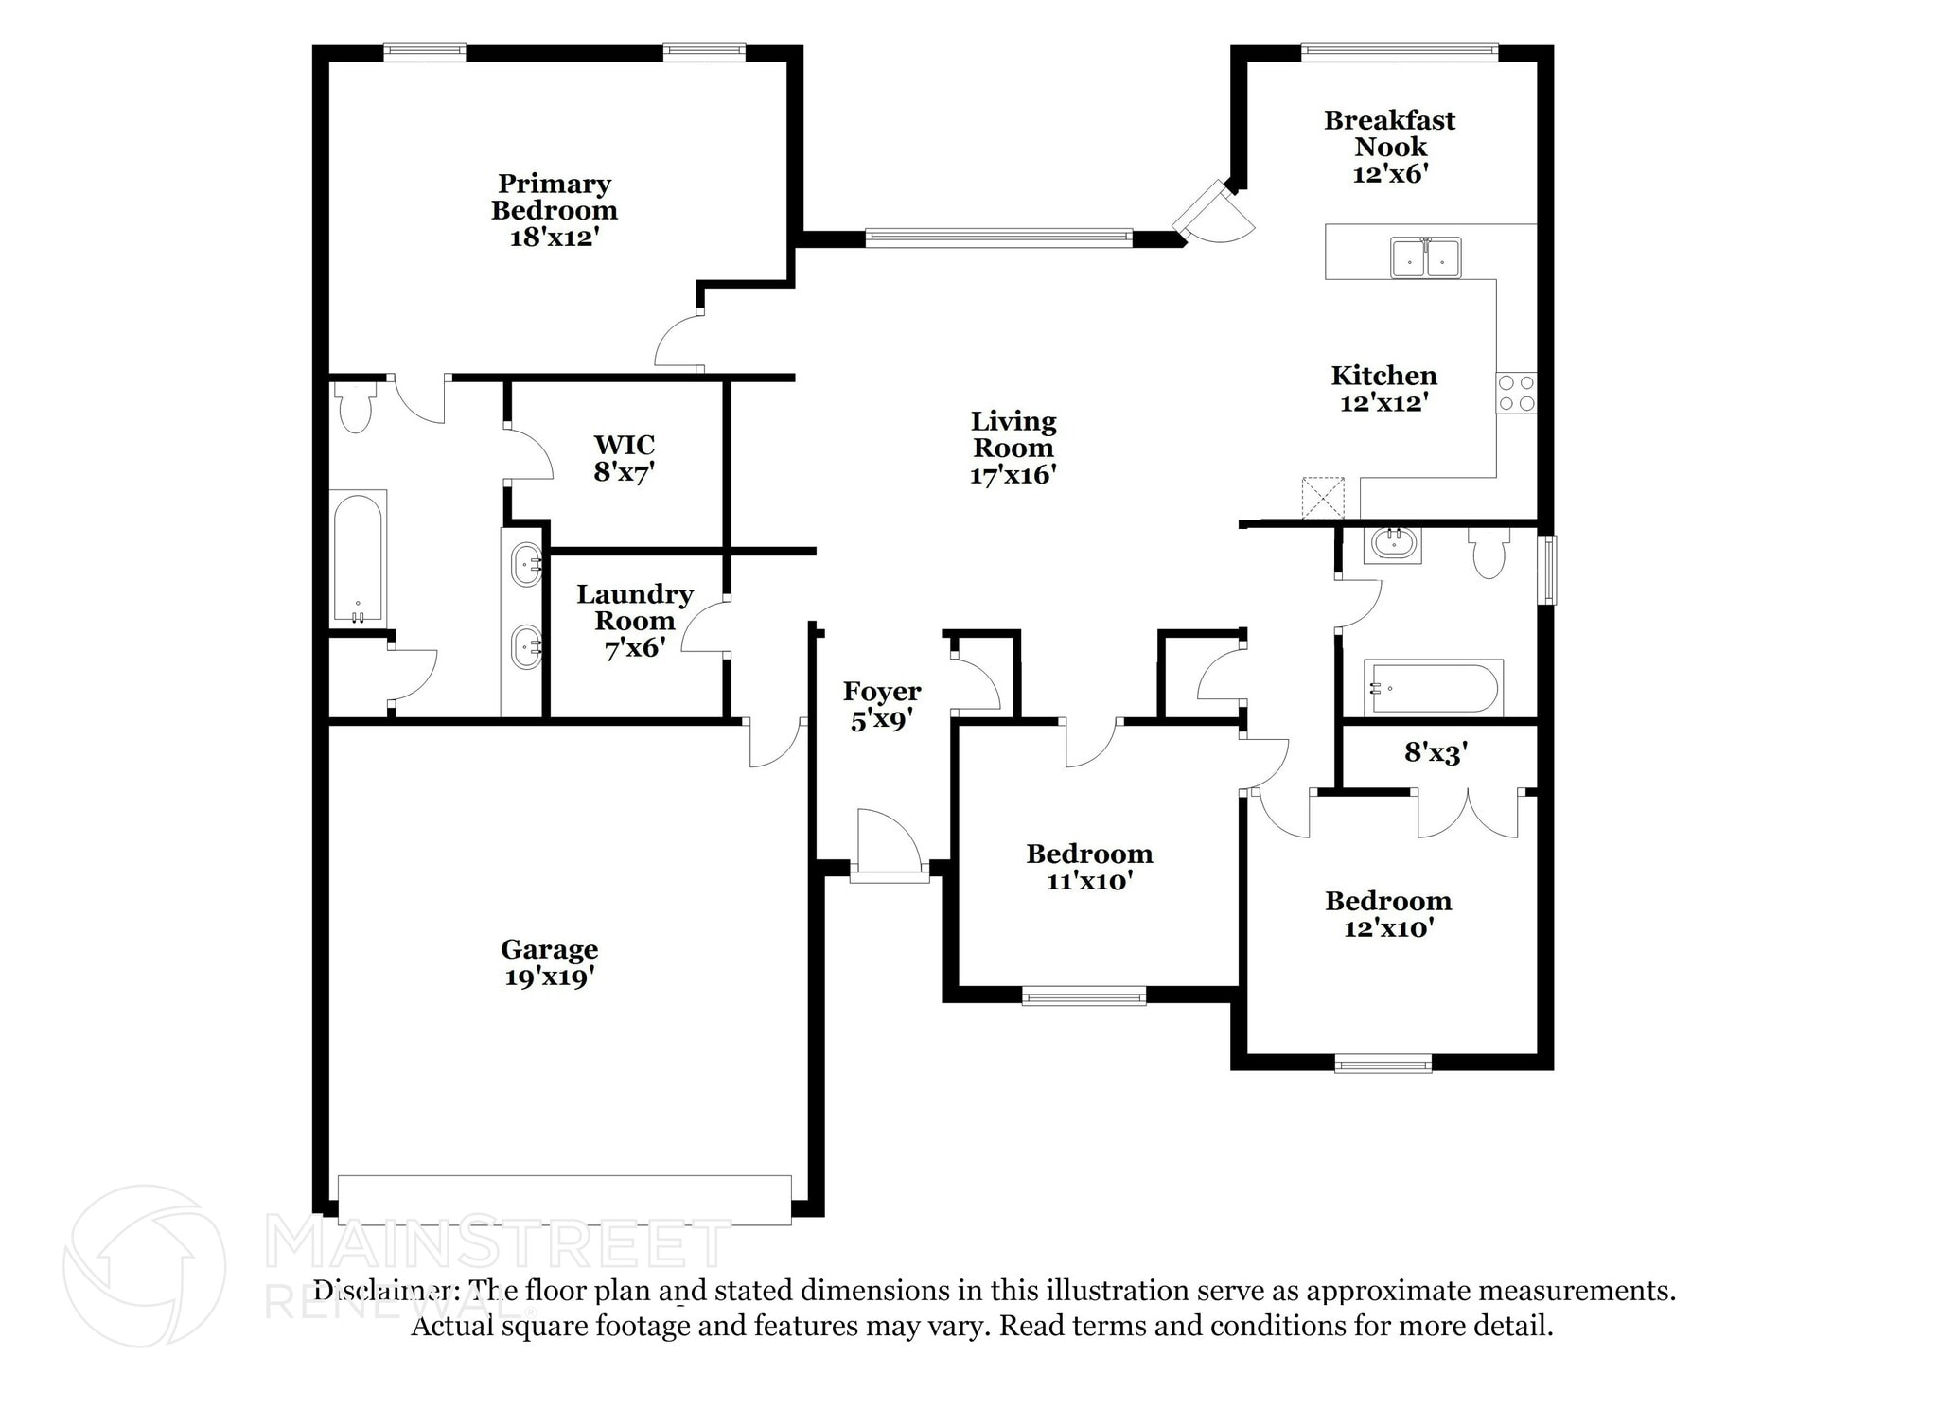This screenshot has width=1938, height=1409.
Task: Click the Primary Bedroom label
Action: pos(554,197)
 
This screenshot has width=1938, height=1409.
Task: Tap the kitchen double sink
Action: pos(1425,257)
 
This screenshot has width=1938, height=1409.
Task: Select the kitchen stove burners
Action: pos(1516,393)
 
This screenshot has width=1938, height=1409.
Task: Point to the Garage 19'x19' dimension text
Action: pos(549,977)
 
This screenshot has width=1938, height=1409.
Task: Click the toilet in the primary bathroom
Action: pos(355,407)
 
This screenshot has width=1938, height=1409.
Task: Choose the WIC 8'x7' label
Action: pos(625,458)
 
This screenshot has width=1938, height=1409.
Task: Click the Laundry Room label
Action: pos(635,608)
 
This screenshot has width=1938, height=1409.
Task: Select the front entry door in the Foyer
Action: pos(889,844)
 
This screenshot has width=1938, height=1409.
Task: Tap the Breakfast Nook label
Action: pos(1389,133)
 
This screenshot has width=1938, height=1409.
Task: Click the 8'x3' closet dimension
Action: pos(1436,752)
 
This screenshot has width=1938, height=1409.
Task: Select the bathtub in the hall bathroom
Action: pos(1432,688)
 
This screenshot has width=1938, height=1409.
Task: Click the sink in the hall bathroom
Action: pos(1392,544)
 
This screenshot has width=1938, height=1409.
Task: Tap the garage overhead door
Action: pos(564,1200)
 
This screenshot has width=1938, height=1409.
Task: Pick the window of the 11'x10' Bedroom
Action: pos(1084,995)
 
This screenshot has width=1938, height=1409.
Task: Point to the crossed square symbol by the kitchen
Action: pos(1322,498)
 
